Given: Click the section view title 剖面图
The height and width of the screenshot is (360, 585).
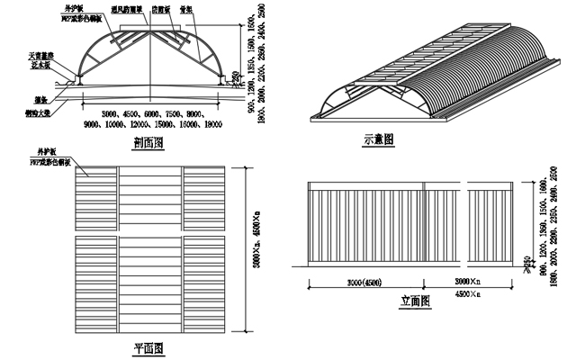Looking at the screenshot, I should click(147, 140).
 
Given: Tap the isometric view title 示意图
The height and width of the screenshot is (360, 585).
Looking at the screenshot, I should click(379, 139).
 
